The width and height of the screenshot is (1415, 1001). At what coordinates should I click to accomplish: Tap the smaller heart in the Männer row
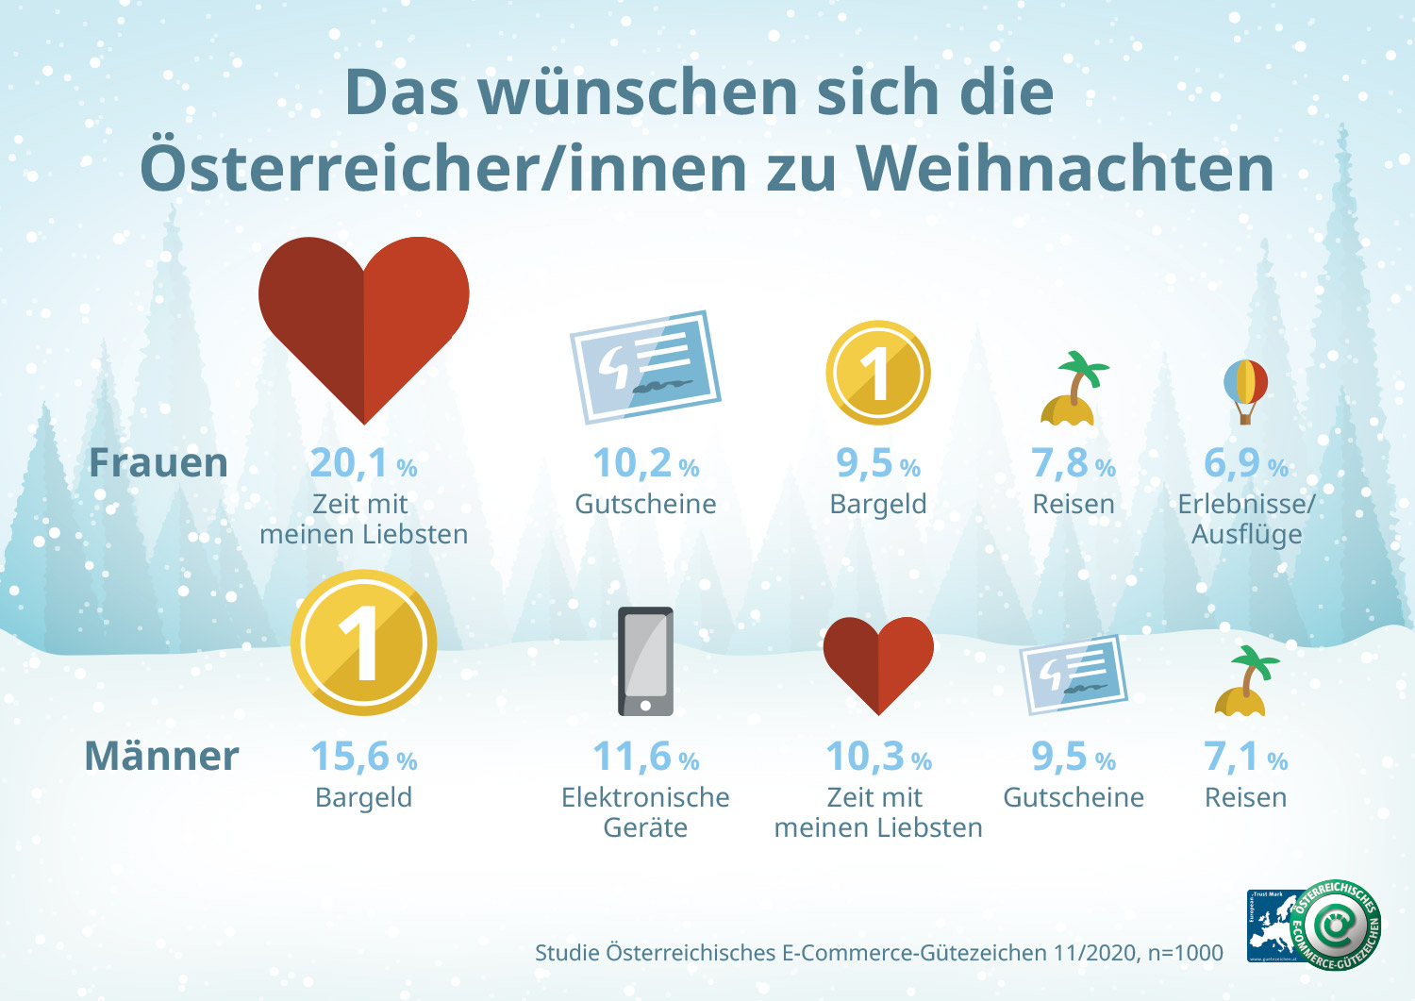click(878, 660)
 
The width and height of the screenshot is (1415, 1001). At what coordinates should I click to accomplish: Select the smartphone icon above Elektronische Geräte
click(645, 661)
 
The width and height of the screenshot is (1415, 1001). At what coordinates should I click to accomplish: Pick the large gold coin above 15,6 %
click(364, 642)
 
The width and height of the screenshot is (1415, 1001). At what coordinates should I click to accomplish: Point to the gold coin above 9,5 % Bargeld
click(878, 373)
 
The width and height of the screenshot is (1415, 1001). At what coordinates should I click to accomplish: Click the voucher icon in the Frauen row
click(645, 366)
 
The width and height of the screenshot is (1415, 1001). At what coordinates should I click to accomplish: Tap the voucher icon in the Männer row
click(1074, 674)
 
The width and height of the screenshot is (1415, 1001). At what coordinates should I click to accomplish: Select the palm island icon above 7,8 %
click(1074, 389)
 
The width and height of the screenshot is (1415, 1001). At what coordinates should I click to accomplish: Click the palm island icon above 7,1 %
click(1245, 680)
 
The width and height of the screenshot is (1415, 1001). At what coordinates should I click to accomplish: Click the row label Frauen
click(158, 463)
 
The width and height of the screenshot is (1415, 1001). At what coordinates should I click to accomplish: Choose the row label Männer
click(161, 757)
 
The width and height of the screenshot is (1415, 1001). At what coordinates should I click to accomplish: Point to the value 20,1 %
click(363, 463)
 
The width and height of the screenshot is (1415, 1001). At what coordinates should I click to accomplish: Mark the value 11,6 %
click(645, 757)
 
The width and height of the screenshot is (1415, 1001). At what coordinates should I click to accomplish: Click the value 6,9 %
click(1245, 463)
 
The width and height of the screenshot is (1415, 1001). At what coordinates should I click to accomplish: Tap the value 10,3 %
click(878, 757)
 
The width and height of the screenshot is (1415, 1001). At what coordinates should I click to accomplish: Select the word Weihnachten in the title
click(1065, 169)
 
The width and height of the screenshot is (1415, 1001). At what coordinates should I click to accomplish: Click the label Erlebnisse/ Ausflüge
click(1246, 519)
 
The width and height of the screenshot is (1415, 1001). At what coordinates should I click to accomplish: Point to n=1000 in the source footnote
click(1185, 953)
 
